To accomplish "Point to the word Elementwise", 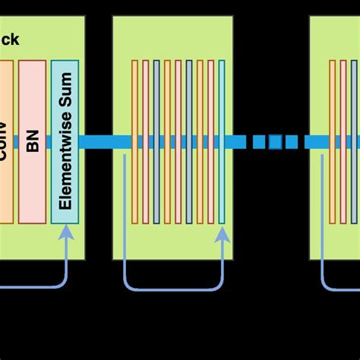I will [x=65, y=163].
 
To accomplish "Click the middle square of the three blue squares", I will [x=276, y=141].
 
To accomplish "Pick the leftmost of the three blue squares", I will [x=259, y=141].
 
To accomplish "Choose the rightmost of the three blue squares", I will [x=292, y=141].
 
